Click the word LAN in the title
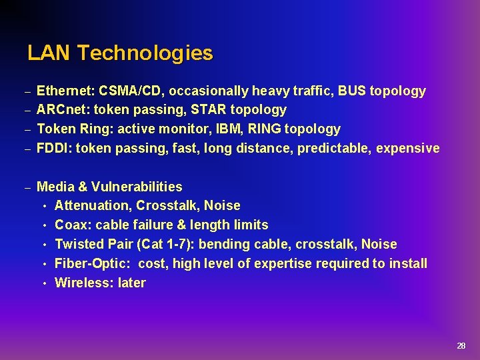pyautogui.click(x=49, y=53)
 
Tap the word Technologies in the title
pyautogui.click(x=145, y=53)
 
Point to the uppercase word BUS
pyautogui.click(x=352, y=91)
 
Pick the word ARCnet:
pyautogui.click(x=62, y=110)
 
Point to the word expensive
pyautogui.click(x=408, y=148)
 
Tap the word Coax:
pyautogui.click(x=73, y=225)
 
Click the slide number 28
pyautogui.click(x=461, y=346)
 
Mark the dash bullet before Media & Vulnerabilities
pyautogui.click(x=28, y=187)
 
